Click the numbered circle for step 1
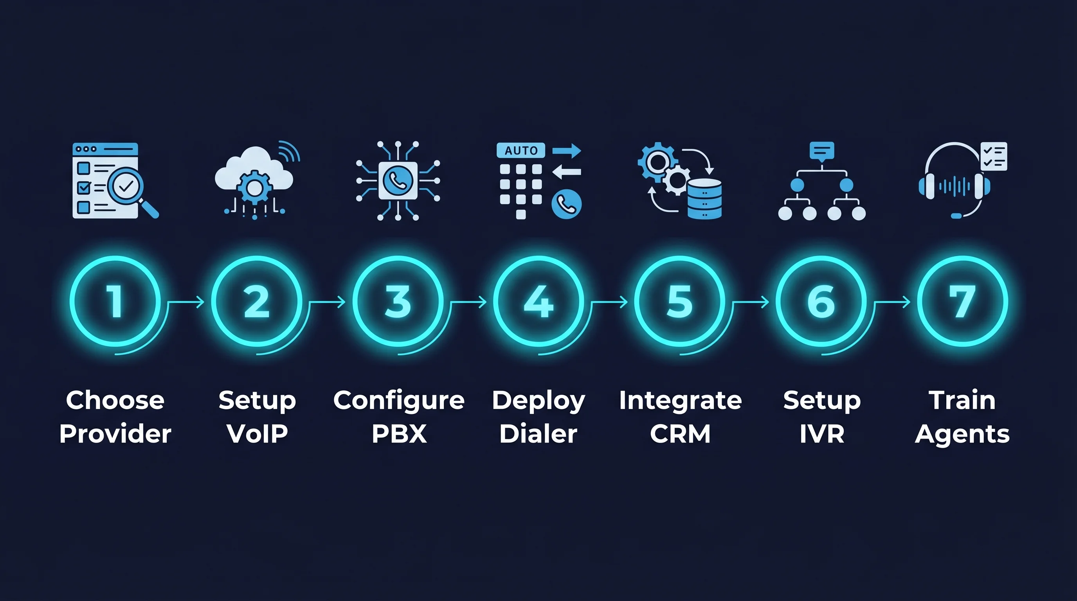(115, 301)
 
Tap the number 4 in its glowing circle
(538, 301)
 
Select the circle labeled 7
(962, 301)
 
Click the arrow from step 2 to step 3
(328, 302)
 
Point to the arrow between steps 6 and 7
(893, 302)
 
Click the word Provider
(115, 434)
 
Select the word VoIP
(257, 434)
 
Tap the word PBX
(399, 434)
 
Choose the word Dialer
(538, 434)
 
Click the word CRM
(680, 434)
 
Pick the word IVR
(822, 434)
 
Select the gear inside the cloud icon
(254, 188)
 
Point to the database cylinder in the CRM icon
(704, 199)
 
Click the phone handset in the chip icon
(398, 180)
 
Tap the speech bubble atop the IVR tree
(822, 151)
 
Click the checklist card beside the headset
(994, 156)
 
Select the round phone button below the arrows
(567, 204)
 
